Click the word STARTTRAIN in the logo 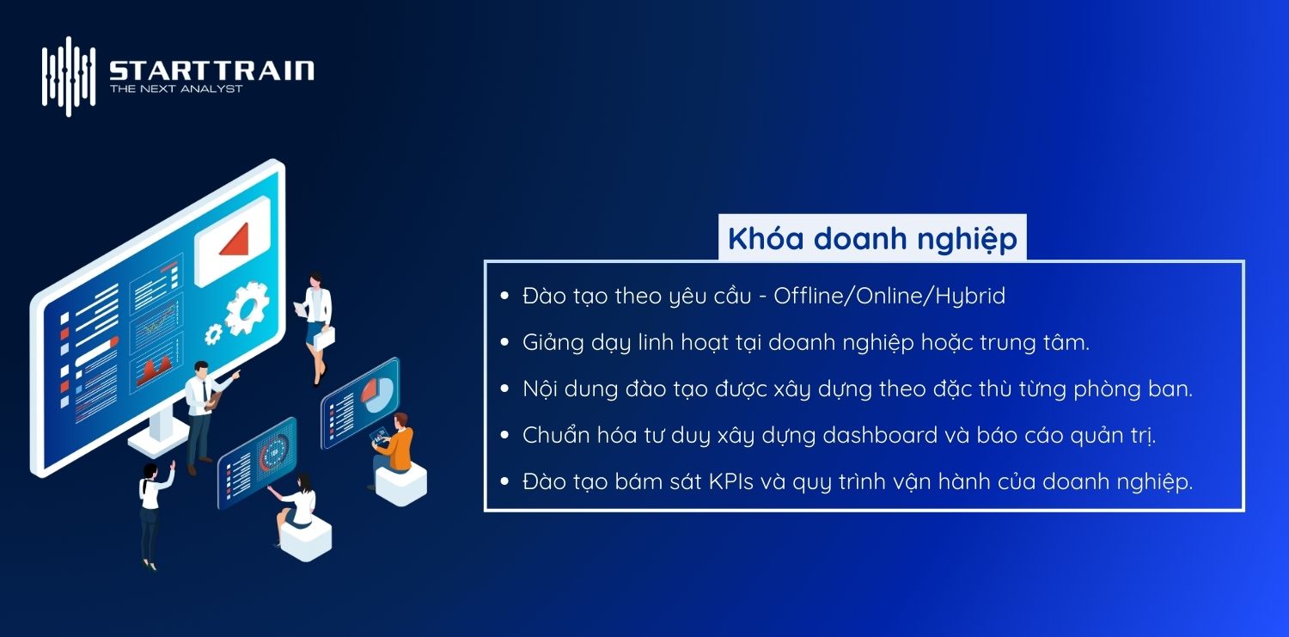[211, 70]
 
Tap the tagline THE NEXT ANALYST [176, 89]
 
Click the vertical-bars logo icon [69, 76]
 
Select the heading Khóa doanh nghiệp [872, 238]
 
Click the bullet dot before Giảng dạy [505, 343]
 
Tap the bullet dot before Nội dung [505, 389]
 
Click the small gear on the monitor [212, 334]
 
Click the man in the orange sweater [396, 447]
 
